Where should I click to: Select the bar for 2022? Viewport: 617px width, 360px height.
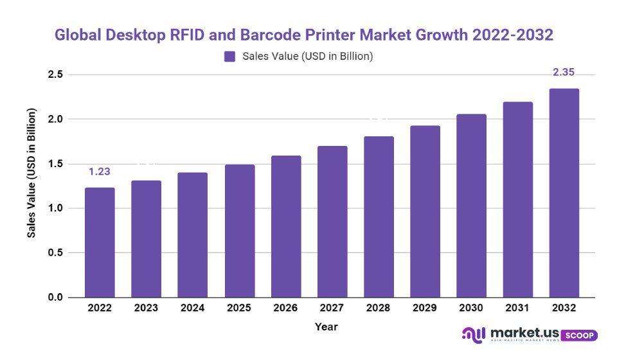click(100, 242)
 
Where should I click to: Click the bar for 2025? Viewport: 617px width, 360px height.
click(239, 231)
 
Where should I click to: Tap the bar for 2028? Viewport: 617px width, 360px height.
click(379, 217)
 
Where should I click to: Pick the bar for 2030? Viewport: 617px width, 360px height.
click(471, 206)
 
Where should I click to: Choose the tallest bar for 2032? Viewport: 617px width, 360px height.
click(564, 193)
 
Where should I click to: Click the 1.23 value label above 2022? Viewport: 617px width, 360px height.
click(100, 172)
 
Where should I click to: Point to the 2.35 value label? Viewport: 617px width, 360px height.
click(564, 72)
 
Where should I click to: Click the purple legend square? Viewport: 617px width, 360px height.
click(229, 57)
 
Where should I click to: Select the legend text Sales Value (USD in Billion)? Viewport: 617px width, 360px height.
click(308, 57)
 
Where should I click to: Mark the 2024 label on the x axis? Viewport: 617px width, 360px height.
click(193, 308)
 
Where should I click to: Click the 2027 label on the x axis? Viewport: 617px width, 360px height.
click(332, 308)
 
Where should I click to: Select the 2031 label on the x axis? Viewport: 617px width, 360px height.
click(517, 308)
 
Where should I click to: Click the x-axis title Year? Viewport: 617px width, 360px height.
click(326, 327)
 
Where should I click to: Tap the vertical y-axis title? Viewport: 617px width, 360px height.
click(31, 186)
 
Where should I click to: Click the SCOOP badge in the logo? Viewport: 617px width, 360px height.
click(579, 336)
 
